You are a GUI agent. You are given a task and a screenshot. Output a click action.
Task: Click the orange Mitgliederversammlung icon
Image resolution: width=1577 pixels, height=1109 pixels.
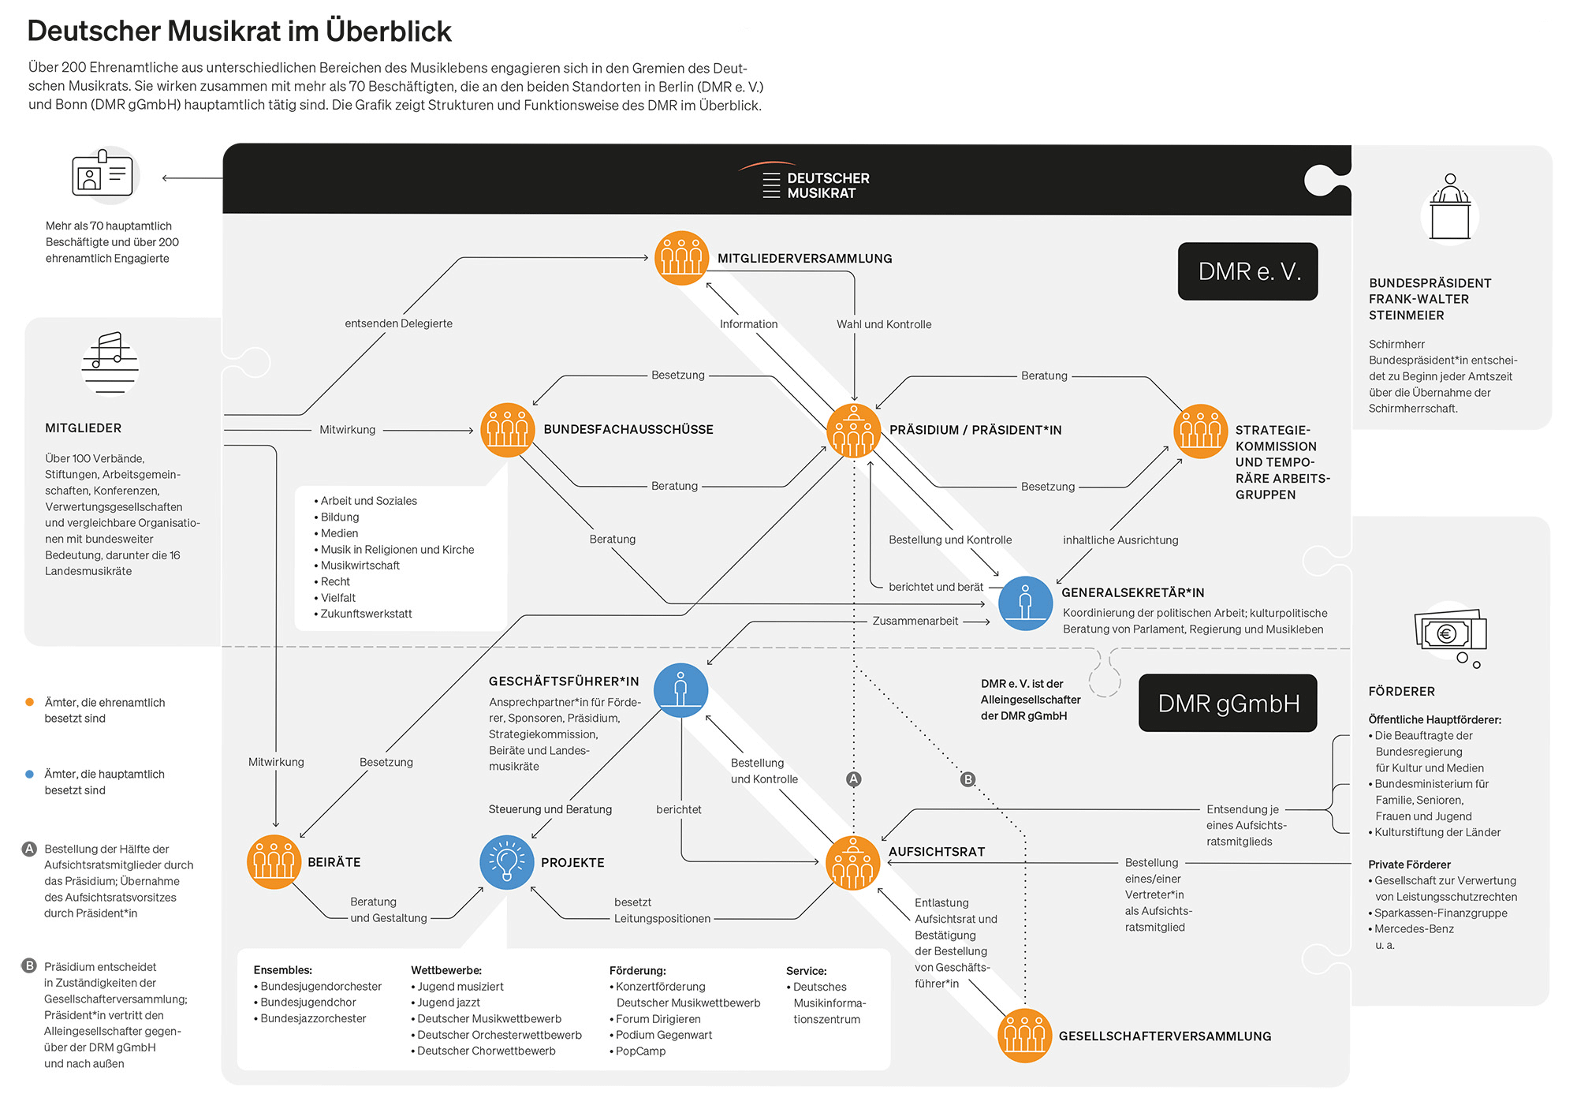coord(681,258)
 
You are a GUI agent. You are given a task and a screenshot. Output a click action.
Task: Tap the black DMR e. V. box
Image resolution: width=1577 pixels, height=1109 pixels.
coord(1247,271)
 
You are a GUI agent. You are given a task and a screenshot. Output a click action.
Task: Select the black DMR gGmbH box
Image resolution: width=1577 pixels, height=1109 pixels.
coord(1228,703)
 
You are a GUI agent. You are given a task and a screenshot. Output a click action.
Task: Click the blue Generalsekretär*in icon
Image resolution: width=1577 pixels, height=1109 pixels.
coord(1025,603)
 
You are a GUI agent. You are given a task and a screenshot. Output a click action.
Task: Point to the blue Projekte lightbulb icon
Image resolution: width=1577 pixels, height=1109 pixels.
coord(507,862)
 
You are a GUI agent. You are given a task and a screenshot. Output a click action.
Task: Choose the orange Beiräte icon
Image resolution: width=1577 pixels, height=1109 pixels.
coord(274,861)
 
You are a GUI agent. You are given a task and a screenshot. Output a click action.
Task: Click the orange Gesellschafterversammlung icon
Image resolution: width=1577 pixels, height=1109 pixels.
coord(1024,1035)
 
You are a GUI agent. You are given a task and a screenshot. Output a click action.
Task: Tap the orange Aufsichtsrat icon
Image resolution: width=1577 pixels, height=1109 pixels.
coord(852,862)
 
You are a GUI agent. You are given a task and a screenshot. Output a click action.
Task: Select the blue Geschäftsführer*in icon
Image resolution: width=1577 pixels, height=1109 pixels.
coord(680,690)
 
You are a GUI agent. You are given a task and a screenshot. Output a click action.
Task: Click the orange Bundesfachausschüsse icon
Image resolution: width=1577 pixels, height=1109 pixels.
coord(508,430)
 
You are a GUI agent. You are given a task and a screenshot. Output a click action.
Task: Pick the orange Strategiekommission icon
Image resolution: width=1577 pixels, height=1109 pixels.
coord(1200,431)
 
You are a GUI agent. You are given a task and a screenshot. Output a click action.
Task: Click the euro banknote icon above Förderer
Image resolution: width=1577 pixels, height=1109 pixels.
coord(1449,633)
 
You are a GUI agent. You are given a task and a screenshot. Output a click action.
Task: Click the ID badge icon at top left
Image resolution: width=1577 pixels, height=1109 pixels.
coord(103,174)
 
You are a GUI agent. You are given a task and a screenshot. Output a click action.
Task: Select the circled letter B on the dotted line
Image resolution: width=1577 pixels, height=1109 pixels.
coord(967,779)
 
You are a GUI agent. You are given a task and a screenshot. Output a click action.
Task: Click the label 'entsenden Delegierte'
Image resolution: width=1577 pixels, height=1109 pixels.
coord(398,323)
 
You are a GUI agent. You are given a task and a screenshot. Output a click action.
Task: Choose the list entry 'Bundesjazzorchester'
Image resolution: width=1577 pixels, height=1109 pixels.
coord(313,1018)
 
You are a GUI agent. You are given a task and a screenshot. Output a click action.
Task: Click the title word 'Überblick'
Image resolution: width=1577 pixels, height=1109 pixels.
coord(389,32)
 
